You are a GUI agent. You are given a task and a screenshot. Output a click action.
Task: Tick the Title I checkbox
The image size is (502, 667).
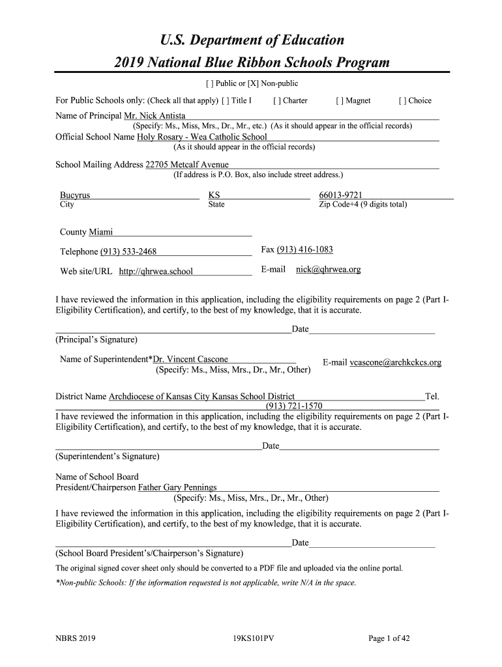click(x=225, y=101)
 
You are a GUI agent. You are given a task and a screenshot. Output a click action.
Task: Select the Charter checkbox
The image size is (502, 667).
click(x=277, y=101)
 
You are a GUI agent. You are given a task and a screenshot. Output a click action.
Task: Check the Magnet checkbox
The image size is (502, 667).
click(x=340, y=101)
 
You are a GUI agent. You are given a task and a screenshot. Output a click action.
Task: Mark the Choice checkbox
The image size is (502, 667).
click(x=402, y=101)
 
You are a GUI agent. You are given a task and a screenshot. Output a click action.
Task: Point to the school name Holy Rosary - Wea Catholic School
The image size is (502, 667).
click(x=201, y=137)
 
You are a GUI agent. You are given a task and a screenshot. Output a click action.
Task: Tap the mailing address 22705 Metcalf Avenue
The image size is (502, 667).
click(x=186, y=165)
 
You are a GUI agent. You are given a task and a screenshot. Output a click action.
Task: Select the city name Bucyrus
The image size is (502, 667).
click(x=75, y=195)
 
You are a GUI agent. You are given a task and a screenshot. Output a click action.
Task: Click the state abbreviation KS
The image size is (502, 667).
click(x=214, y=195)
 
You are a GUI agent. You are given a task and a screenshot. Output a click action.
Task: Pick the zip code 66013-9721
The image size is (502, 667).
click(x=340, y=195)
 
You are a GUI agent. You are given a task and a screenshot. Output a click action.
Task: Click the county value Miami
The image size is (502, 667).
click(x=100, y=232)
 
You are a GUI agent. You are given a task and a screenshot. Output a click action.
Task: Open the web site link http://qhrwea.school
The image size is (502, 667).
click(x=156, y=272)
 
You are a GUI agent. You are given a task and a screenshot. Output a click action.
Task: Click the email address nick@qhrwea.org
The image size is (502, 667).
click(x=328, y=270)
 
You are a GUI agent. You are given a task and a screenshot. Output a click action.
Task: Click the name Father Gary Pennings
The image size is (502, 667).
click(x=177, y=487)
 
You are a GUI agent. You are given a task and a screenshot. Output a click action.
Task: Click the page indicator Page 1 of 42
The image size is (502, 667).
click(x=389, y=639)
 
